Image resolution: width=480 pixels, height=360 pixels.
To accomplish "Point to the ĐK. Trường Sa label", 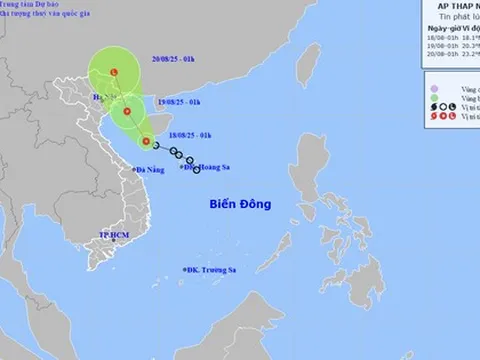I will tap(211, 271).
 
